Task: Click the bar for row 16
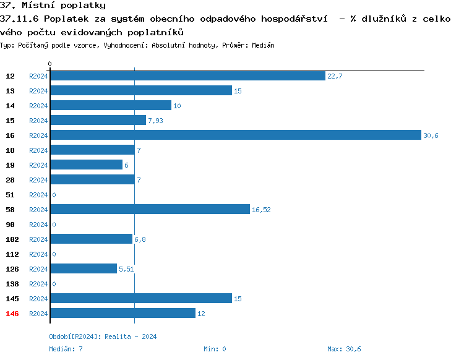[x=235, y=135]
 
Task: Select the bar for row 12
[x=187, y=75]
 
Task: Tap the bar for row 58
[x=150, y=209]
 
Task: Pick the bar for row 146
[x=122, y=313]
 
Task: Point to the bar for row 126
[x=84, y=268]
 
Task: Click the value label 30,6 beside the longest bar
[x=431, y=135]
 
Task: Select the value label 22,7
[x=335, y=76]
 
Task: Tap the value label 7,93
[x=155, y=121]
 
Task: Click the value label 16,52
[x=261, y=210]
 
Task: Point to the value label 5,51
[x=126, y=269]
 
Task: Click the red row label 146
[x=12, y=314]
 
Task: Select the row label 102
[x=12, y=239]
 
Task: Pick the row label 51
[x=11, y=195]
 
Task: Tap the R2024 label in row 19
[x=38, y=165]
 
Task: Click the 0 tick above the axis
[x=50, y=64]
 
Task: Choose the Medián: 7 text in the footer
[x=66, y=349]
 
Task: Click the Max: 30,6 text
[x=344, y=349]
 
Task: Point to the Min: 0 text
[x=215, y=349]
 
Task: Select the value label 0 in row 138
[x=54, y=284]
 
